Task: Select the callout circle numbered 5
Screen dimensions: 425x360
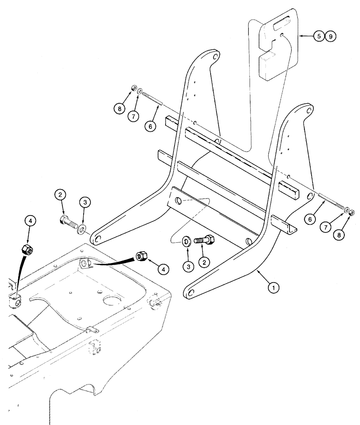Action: click(319, 37)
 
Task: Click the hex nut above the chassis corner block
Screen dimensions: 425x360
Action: click(27, 250)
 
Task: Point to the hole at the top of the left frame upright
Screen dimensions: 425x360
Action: click(215, 56)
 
